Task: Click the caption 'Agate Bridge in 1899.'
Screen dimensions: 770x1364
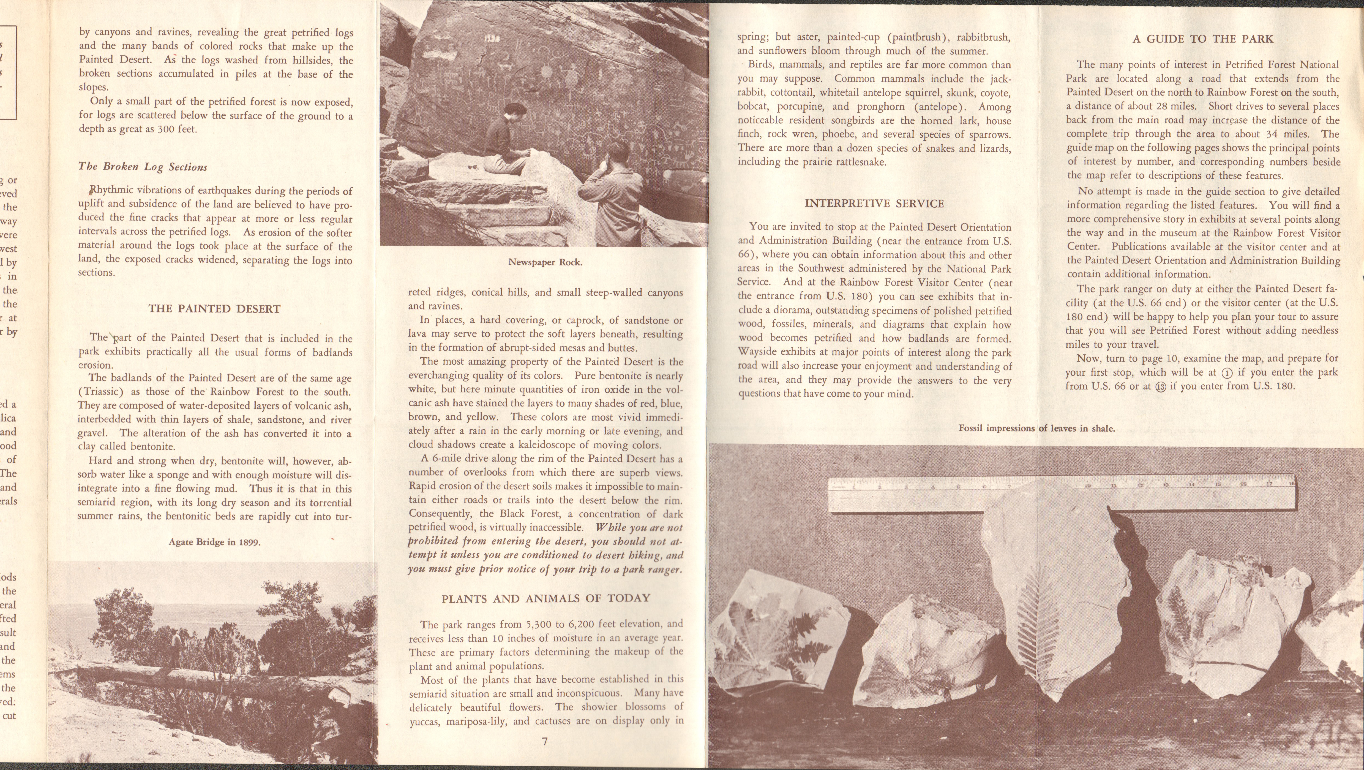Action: [214, 542]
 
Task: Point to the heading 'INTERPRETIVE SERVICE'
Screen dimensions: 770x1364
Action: [874, 204]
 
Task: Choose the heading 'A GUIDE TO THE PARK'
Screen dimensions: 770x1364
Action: [1202, 39]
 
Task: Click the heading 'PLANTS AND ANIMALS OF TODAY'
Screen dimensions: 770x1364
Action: [545, 598]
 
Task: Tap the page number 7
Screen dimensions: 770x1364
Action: [545, 741]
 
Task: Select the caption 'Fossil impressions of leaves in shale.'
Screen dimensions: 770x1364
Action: [1036, 428]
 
